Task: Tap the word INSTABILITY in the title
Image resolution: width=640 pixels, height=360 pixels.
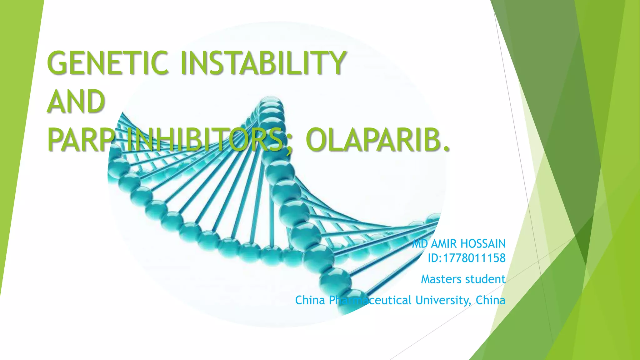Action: click(262, 63)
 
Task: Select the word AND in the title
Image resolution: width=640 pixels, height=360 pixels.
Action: click(76, 102)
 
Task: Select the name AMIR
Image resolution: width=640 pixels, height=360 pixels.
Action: click(444, 244)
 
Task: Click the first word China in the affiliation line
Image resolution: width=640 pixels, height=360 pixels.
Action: click(310, 300)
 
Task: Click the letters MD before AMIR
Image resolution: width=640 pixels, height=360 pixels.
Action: click(420, 244)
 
